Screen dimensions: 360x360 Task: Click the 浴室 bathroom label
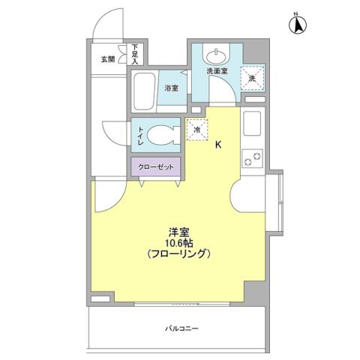[172, 88]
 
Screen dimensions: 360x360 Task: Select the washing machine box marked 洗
[252, 76]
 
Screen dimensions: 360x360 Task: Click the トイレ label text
[140, 135]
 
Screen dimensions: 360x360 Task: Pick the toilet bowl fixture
[160, 135]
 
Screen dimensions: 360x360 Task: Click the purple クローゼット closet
[156, 166]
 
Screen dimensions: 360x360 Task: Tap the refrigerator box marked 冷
[197, 129]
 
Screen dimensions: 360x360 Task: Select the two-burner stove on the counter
[251, 159]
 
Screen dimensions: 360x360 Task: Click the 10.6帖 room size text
[178, 241]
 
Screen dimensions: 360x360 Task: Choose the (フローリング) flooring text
[178, 253]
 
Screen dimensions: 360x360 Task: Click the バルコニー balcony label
[178, 328]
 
